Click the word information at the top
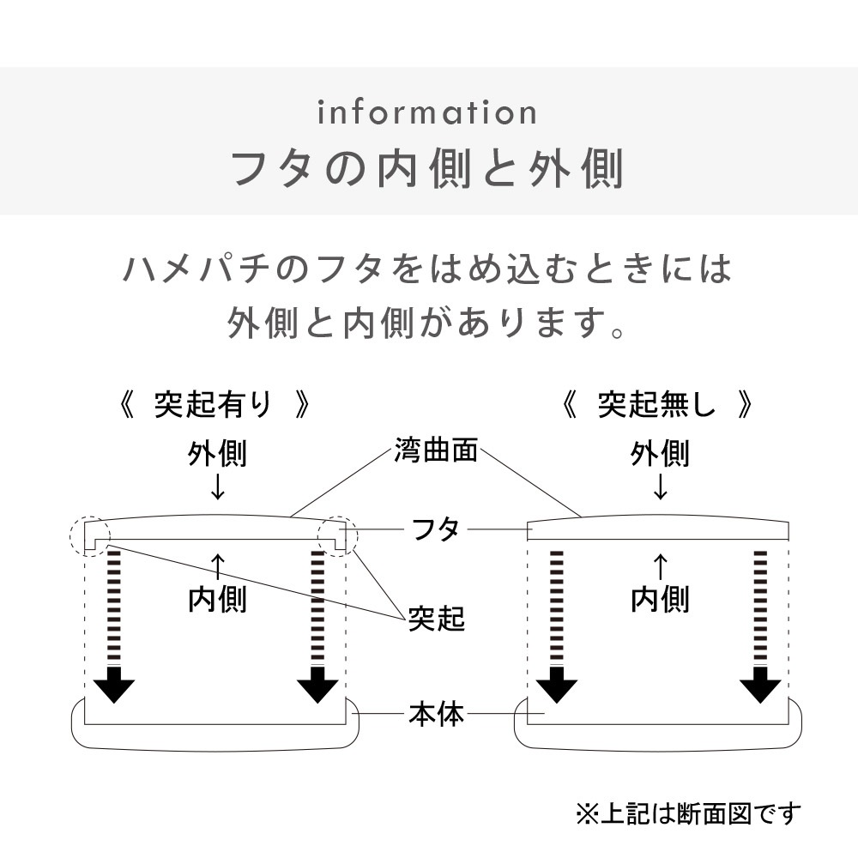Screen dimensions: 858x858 [427, 112]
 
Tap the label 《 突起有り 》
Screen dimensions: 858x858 [214, 404]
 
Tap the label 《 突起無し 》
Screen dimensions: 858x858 [657, 404]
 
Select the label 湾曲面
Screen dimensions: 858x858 [436, 450]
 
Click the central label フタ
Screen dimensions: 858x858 [437, 529]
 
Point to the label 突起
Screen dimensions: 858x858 [436, 618]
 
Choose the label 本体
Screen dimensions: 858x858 [436, 714]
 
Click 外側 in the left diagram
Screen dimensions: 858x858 [217, 454]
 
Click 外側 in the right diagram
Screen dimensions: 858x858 [660, 454]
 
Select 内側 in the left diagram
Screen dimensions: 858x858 [217, 599]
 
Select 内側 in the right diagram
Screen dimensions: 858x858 [660, 599]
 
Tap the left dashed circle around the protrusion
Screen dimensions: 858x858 [89, 535]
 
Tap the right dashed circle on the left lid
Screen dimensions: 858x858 [337, 535]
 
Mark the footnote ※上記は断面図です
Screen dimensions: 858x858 [687, 813]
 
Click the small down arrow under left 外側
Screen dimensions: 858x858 [217, 487]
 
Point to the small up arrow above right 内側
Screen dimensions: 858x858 [660, 565]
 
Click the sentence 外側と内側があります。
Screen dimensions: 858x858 [427, 324]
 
